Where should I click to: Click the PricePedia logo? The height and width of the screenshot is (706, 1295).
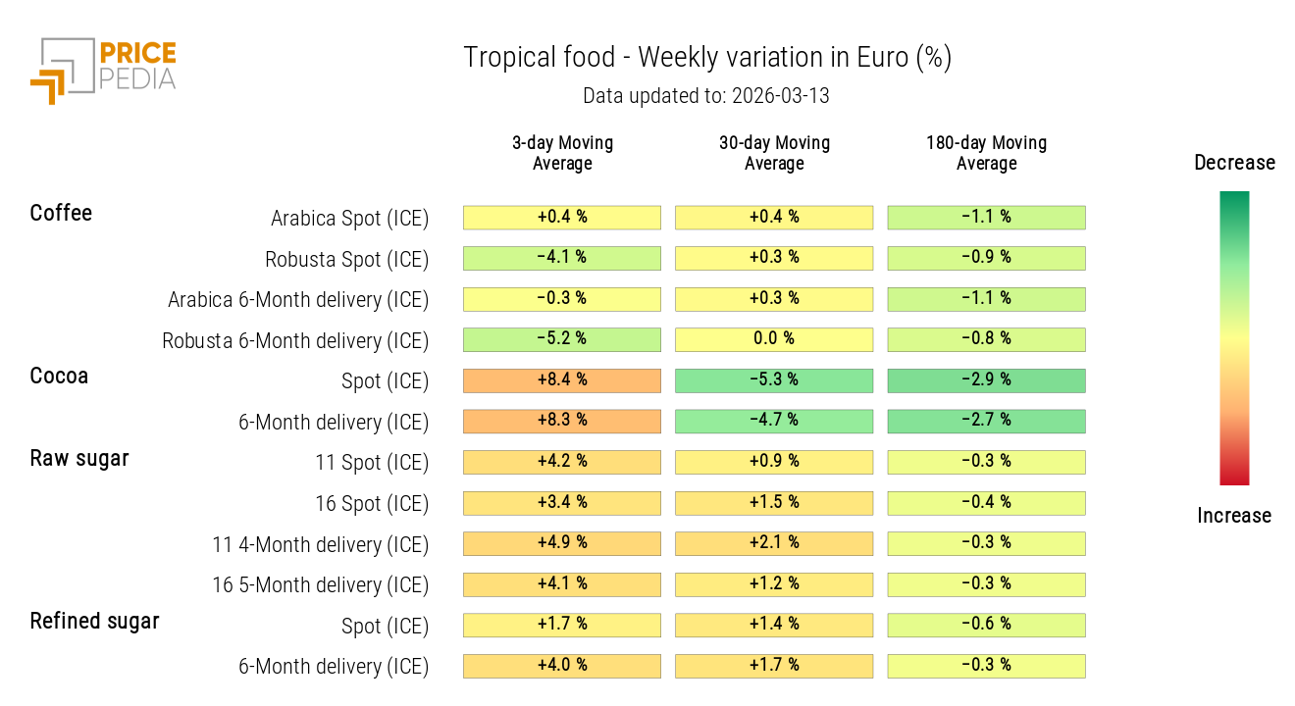tap(103, 69)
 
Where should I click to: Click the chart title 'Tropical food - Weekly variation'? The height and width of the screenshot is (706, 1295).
tap(706, 58)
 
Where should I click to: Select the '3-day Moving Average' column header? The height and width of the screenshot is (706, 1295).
tap(562, 153)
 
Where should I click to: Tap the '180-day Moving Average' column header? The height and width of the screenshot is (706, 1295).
tap(986, 153)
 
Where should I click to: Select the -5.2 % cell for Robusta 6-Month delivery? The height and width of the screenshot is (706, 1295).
tap(562, 339)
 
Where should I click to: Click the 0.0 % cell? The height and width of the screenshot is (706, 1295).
tap(774, 339)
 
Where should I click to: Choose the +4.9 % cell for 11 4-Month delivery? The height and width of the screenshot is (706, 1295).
tap(562, 543)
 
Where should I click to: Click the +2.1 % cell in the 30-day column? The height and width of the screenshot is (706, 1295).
tap(774, 543)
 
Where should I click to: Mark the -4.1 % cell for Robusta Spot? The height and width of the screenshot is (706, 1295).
tap(562, 258)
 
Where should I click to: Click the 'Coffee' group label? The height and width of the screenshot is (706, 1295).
tap(61, 214)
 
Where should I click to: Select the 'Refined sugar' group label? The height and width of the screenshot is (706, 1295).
tap(94, 621)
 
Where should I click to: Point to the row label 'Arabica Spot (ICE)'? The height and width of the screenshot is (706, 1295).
tap(349, 219)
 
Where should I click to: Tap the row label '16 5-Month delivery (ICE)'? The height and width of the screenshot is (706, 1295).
tap(320, 585)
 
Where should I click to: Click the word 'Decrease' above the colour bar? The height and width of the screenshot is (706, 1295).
tap(1234, 163)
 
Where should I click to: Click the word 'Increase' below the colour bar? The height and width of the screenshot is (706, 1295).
tap(1234, 516)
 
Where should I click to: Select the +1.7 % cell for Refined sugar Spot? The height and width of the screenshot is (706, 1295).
tap(562, 625)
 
